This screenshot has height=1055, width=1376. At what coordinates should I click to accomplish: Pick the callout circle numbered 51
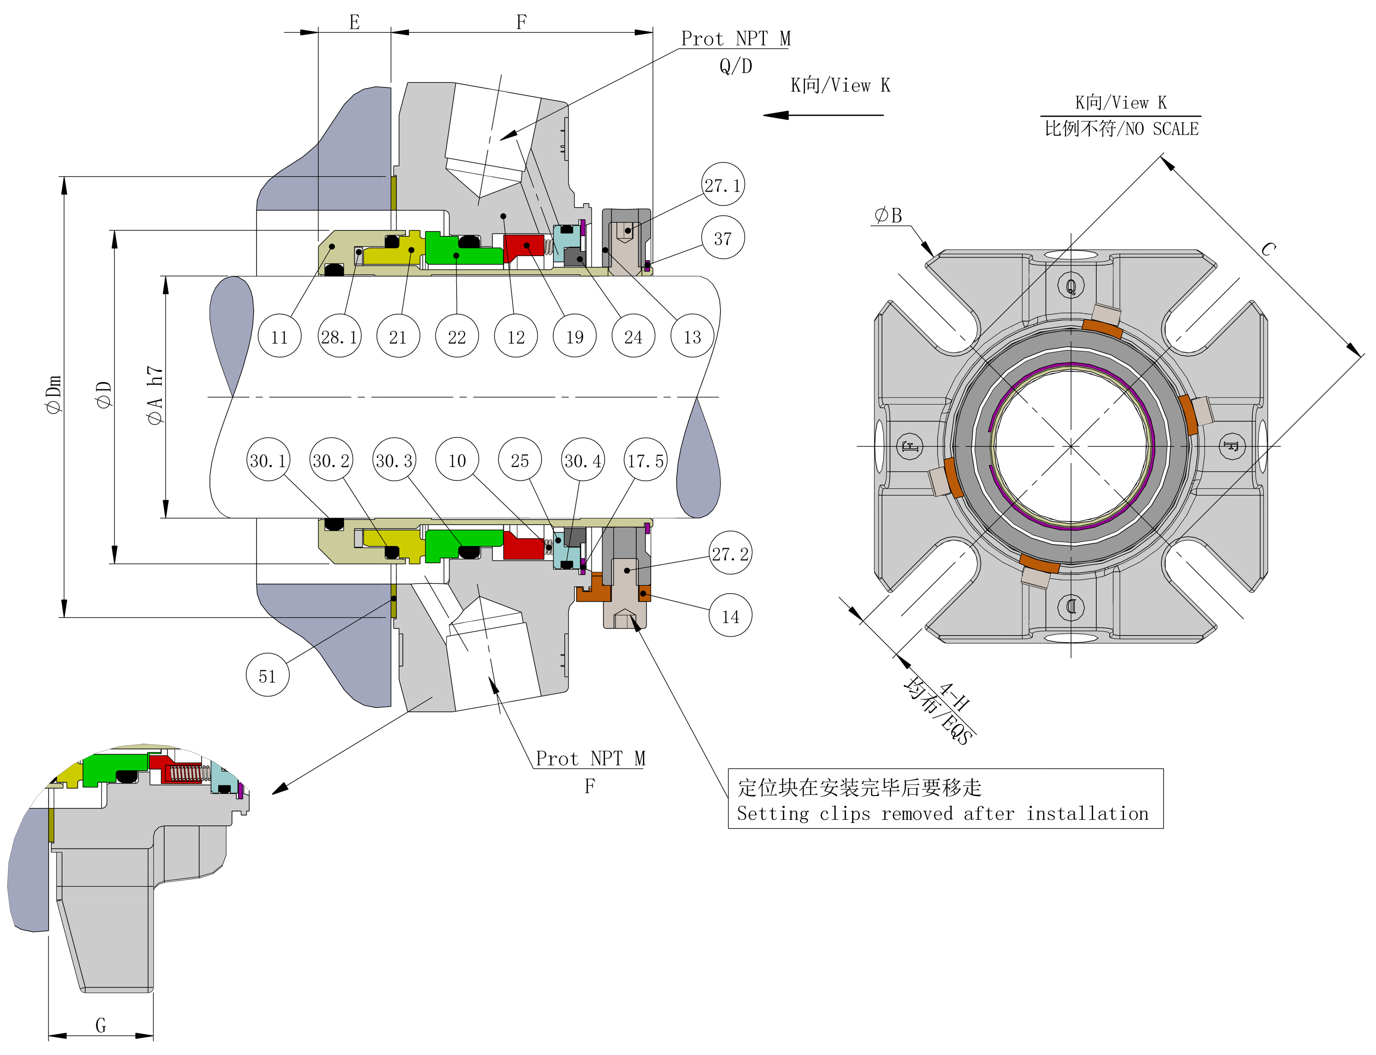coord(267,676)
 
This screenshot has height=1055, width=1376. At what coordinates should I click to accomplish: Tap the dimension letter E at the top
coord(355,22)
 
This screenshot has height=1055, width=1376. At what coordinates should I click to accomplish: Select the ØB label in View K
coord(888,215)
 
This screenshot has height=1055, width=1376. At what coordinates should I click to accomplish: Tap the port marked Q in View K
coord(1071,286)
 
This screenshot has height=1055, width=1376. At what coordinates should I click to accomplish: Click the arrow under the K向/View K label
coord(822,115)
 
